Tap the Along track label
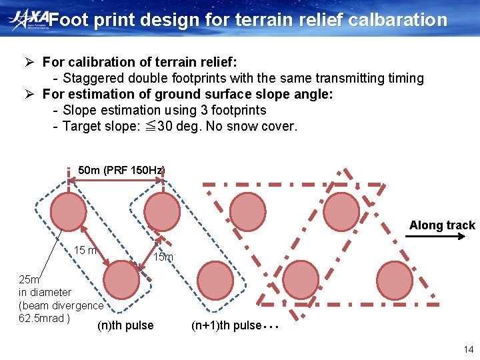442,225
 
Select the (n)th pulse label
125,325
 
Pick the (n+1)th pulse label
226,325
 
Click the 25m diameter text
30,279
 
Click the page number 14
467,349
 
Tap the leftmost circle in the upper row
69,211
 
